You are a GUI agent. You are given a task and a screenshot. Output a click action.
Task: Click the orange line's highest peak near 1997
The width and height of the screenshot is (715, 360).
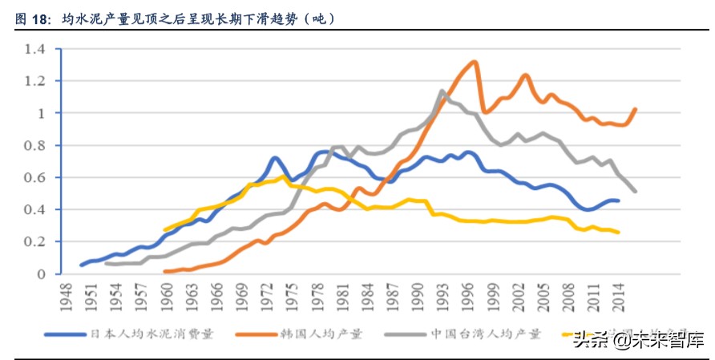click(x=475, y=62)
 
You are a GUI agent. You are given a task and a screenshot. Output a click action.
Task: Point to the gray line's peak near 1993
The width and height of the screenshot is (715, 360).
click(x=442, y=91)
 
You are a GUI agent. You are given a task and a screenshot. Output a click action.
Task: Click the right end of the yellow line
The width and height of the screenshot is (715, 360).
click(x=618, y=233)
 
